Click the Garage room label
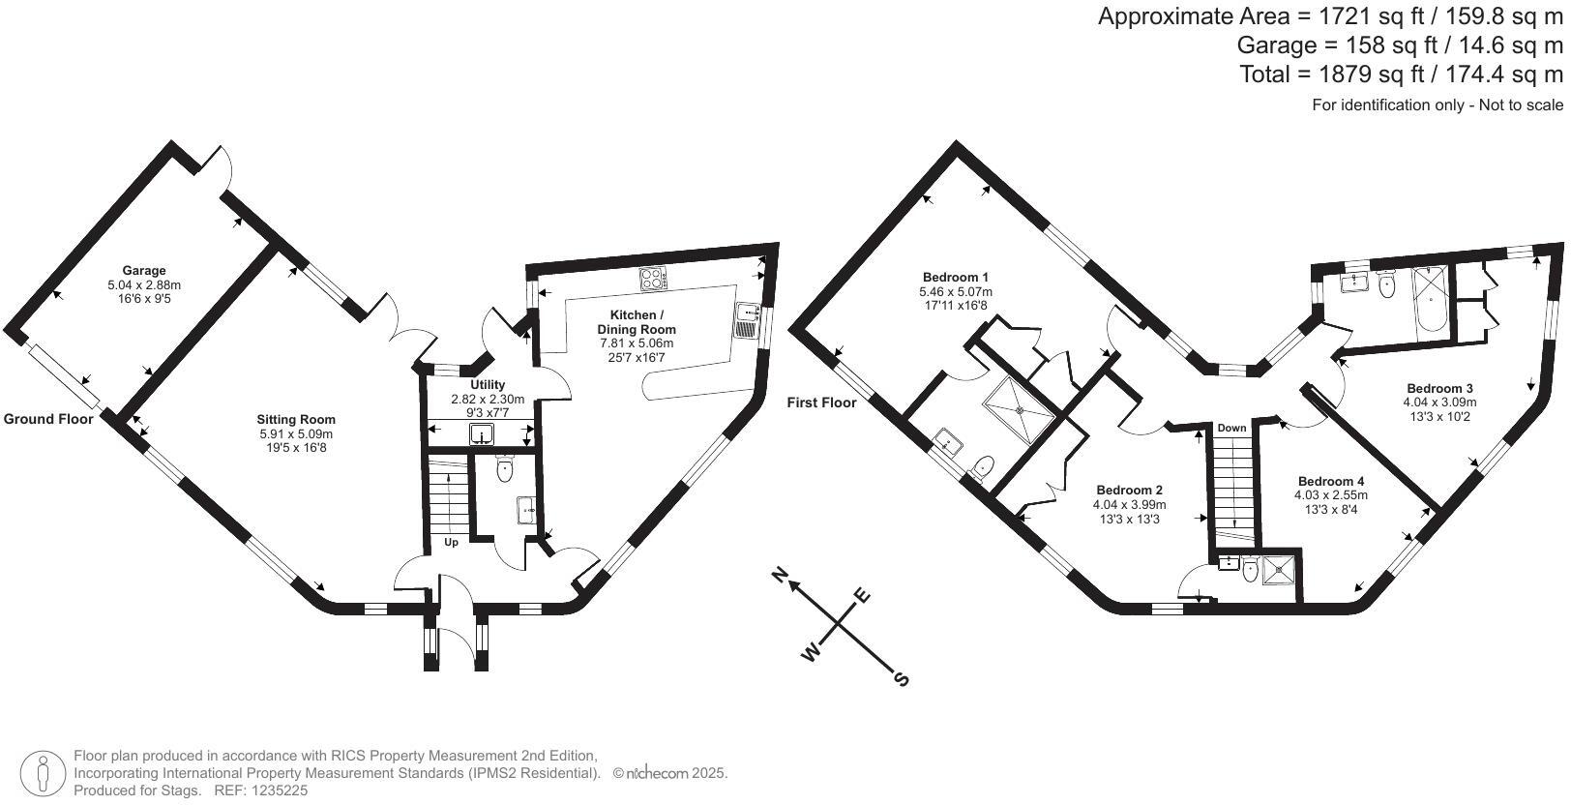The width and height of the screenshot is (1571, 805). tap(144, 270)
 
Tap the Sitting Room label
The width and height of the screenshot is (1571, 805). tap(295, 419)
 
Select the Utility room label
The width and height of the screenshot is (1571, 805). tap(488, 384)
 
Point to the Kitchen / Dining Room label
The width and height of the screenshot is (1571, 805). tap(637, 322)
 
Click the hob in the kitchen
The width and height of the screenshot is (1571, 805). tap(653, 279)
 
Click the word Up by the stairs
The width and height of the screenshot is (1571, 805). tap(451, 542)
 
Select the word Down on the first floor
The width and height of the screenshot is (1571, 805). tap(1231, 428)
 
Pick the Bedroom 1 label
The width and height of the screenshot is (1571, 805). tap(955, 277)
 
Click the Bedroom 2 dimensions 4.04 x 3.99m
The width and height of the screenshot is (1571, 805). tap(1129, 505)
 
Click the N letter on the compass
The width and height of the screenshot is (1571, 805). tap(778, 576)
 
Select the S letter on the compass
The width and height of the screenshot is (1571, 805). tap(902, 678)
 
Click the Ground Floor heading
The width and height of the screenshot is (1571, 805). tap(47, 419)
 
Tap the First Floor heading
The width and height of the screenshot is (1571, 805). tap(821, 402)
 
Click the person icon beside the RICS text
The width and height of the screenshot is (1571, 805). tap(44, 773)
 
